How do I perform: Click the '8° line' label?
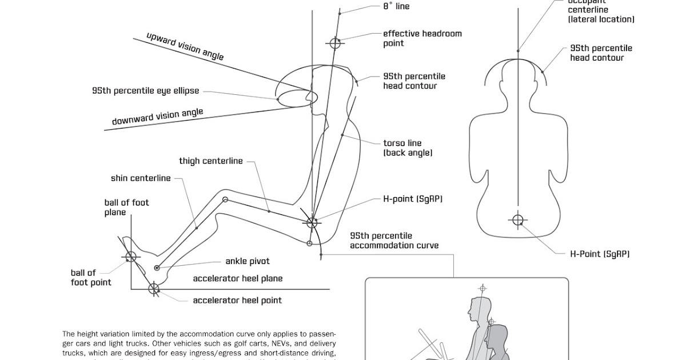[x=396, y=6]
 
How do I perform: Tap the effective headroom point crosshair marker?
[x=335, y=43]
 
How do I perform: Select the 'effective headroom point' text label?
[x=422, y=38]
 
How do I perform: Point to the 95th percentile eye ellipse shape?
[x=294, y=98]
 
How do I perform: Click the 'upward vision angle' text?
[x=185, y=46]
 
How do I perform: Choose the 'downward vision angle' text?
[x=157, y=117]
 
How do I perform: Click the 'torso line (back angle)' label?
[x=407, y=148]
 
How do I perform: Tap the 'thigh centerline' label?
[x=210, y=161]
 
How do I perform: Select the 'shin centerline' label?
[x=141, y=178]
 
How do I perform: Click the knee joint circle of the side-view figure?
[x=225, y=199]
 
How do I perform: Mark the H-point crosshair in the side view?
[x=312, y=222]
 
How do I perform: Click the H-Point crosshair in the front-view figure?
[x=518, y=220]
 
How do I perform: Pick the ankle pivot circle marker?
[x=157, y=267]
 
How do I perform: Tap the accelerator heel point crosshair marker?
[x=153, y=289]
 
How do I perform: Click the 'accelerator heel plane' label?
[x=237, y=279]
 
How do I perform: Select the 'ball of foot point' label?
[x=91, y=278]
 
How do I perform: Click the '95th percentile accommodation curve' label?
[x=394, y=241]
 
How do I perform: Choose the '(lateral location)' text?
[x=601, y=19]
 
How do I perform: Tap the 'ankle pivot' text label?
[x=247, y=262]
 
